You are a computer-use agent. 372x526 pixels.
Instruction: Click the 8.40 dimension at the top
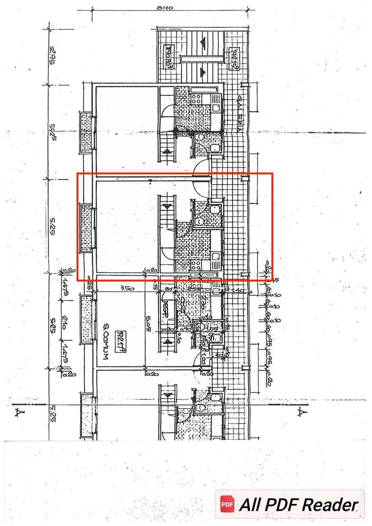coord(169,8)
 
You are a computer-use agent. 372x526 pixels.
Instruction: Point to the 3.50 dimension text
coord(125,289)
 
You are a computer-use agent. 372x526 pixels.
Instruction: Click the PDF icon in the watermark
coord(227,504)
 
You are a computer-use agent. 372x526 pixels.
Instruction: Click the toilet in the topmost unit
coord(200,138)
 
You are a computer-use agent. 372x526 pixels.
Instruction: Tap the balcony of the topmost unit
coord(86,132)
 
